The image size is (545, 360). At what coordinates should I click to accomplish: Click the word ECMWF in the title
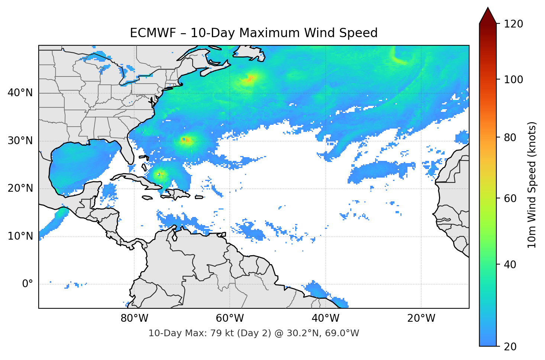point(153,33)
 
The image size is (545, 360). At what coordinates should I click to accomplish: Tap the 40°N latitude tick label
point(20,93)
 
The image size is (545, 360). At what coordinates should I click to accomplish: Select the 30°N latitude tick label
point(20,141)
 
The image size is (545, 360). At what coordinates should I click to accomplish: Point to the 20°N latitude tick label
point(20,188)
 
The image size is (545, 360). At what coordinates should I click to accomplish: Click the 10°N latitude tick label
point(20,236)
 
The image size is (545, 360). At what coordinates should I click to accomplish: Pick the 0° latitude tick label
point(27,284)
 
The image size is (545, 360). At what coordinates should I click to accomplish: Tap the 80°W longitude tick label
point(134,318)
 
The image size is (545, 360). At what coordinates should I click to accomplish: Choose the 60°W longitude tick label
point(230,318)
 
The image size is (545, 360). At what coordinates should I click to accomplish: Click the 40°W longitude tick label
point(326,318)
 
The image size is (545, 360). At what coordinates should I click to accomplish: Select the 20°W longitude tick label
point(421,318)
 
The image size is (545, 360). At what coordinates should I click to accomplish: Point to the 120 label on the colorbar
point(513,24)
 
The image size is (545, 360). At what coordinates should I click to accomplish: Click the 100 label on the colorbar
point(513,80)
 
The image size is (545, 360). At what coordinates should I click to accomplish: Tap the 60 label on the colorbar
point(510,198)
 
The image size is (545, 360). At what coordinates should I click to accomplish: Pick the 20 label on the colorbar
point(510,347)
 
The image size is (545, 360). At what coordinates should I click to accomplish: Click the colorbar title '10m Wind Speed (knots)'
point(532,185)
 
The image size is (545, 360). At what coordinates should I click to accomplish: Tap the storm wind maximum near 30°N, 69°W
point(186,140)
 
